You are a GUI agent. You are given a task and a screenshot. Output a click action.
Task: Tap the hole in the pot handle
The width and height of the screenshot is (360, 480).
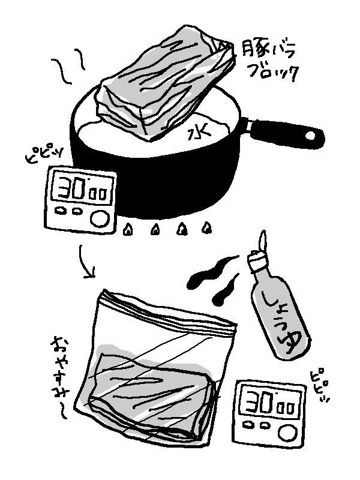310,136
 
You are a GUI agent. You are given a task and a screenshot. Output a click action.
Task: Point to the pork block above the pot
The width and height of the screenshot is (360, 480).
164,83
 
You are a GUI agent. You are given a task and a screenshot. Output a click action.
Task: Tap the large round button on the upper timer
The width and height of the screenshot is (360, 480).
100,219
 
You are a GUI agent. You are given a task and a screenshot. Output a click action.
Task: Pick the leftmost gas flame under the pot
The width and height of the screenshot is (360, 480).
128,230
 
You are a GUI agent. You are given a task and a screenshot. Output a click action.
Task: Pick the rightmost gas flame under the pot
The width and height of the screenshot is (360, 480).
207,227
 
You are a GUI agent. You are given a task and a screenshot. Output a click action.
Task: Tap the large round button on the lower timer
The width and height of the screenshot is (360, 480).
288,433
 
